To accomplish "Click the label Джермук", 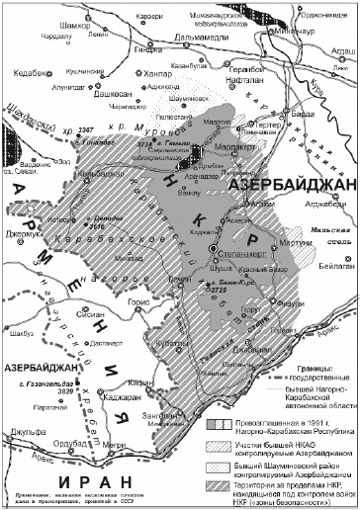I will click(28, 234).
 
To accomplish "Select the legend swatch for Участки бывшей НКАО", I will click(196, 426).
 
